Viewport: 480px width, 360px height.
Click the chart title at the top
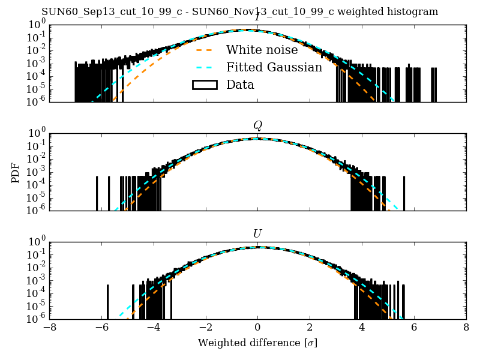[239, 11]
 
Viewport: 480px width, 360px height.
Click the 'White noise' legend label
[263, 50]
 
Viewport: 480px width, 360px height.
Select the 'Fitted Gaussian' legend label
[274, 67]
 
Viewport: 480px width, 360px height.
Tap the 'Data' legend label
[240, 85]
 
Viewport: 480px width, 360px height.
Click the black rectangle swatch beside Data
[204, 85]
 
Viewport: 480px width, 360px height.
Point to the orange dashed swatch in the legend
[204, 50]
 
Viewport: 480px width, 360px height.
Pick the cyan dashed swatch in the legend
[204, 67]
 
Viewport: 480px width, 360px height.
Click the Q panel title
[257, 125]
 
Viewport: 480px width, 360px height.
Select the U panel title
[257, 233]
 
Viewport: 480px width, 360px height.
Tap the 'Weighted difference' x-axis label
[257, 343]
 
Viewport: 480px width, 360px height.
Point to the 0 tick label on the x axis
[257, 328]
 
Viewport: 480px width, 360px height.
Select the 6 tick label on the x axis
[414, 328]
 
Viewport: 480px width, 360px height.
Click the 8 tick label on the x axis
[466, 328]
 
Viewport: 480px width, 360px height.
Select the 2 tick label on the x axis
[310, 328]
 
